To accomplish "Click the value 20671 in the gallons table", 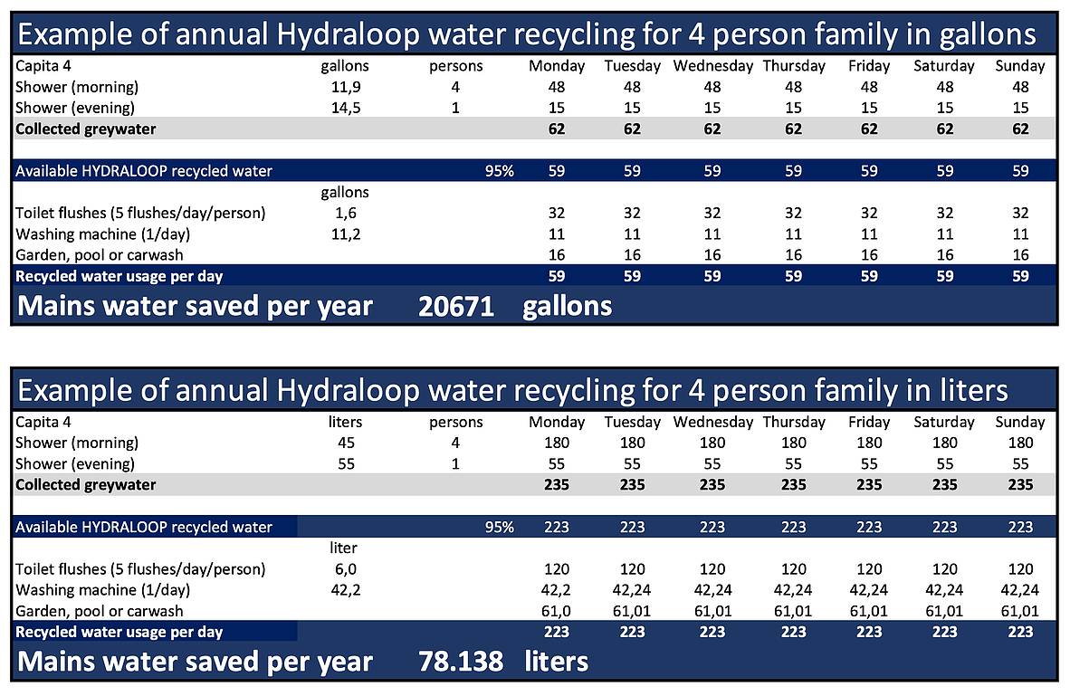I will [456, 306].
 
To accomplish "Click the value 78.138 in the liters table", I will [461, 661].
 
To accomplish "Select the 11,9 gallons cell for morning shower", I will [345, 87].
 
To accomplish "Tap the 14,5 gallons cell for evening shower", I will [345, 108].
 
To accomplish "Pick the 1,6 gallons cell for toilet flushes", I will [345, 214].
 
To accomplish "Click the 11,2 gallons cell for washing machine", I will [345, 234].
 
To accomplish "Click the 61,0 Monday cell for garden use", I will [557, 611].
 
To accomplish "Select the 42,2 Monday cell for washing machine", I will [557, 590].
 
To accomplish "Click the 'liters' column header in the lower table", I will [345, 422].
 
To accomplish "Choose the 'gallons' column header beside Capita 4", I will [345, 66].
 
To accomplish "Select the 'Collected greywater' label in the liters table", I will [86, 484].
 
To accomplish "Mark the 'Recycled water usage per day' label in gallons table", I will [119, 276].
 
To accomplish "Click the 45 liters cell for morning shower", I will [345, 443].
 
